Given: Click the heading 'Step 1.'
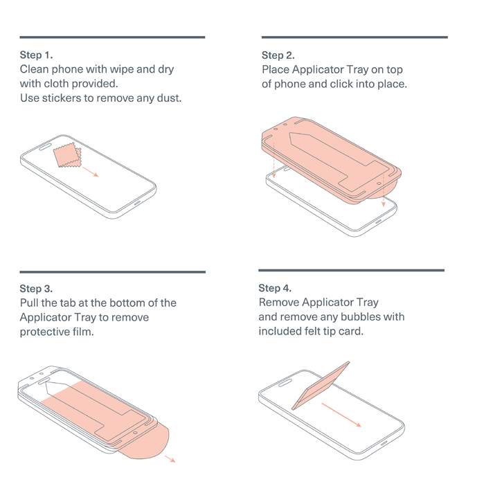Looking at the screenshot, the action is click(36, 55).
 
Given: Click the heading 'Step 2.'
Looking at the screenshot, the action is click(278, 55).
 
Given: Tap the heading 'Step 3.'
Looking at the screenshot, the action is click(36, 289).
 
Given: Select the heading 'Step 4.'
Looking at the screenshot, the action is click(275, 288).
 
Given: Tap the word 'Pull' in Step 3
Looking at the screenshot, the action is click(29, 303).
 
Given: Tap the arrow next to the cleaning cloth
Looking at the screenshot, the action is click(90, 172).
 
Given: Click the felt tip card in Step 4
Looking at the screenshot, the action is click(320, 386).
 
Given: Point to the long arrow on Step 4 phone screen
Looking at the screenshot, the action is click(341, 415).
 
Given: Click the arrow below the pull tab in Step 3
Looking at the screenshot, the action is click(170, 458).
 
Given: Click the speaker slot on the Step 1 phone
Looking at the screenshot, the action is click(45, 147).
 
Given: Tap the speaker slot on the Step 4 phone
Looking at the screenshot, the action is click(285, 384).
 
